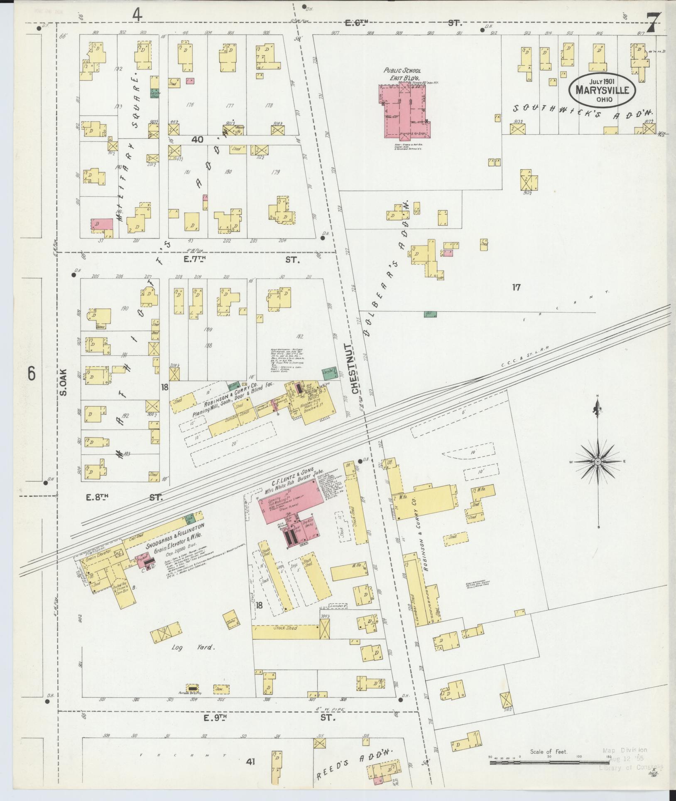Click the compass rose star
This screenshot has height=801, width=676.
(x=598, y=462)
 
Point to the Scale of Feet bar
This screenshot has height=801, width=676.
(x=549, y=762)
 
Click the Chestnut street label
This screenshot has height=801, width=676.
(x=355, y=369)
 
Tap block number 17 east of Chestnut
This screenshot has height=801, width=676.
(x=516, y=287)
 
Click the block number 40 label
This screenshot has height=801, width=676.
(x=197, y=140)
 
